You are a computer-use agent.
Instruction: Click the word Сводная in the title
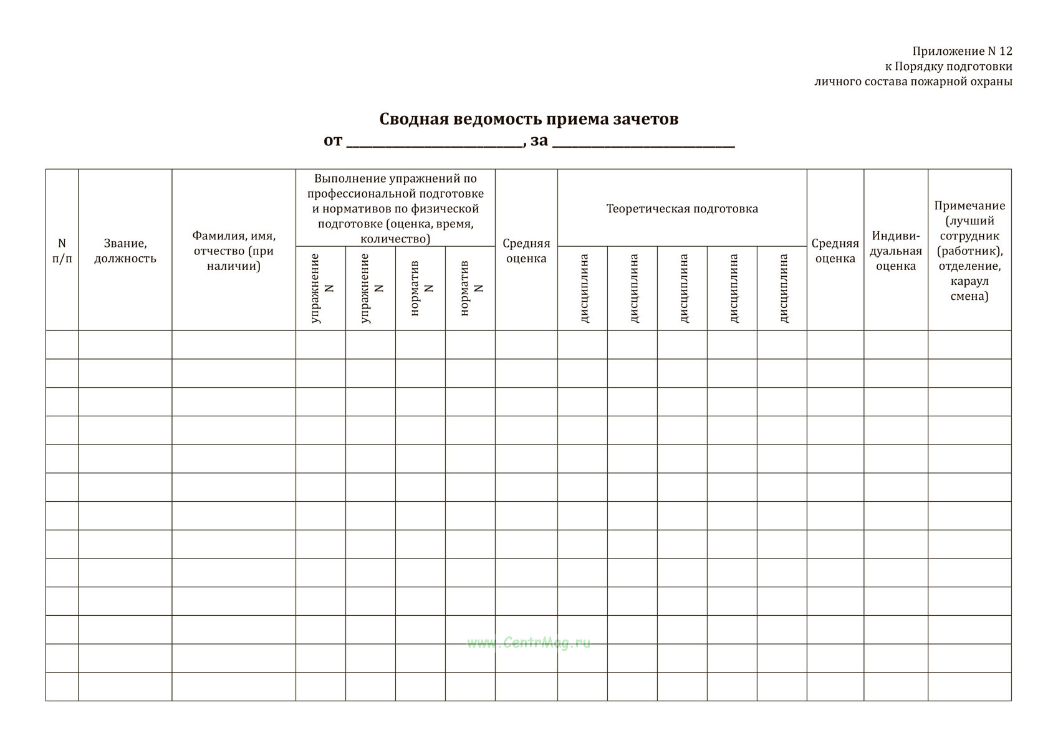point(411,119)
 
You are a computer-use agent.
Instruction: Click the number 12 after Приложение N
point(1004,51)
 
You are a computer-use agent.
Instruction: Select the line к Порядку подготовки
point(948,66)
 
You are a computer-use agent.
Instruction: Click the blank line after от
point(435,143)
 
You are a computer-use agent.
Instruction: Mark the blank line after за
point(643,143)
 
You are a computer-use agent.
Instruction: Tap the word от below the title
point(333,141)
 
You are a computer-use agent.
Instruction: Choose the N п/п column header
point(62,251)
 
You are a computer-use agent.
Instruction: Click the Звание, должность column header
point(125,251)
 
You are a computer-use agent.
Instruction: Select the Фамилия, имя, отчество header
point(234,251)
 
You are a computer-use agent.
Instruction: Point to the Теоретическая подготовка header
point(682,208)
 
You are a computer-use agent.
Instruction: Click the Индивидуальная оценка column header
point(896,251)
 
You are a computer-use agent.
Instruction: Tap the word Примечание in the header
point(969,206)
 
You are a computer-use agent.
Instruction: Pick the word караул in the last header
point(969,281)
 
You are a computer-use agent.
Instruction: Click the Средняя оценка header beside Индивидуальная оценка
point(835,251)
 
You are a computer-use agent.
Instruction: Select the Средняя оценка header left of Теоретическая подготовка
point(526,251)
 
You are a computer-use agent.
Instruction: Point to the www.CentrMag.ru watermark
point(529,643)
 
